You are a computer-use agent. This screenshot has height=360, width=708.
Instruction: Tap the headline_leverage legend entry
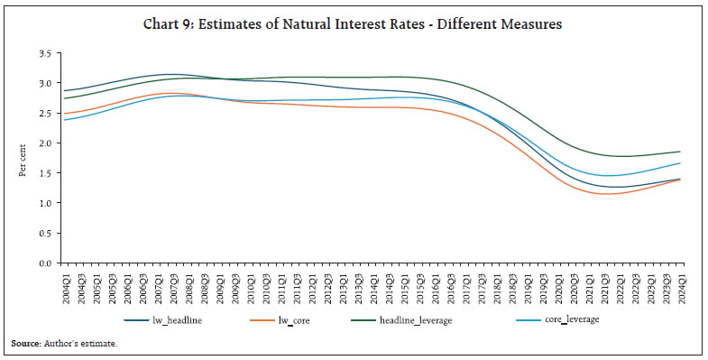click(x=464, y=319)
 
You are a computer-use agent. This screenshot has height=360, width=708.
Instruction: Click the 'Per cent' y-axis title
click(x=22, y=158)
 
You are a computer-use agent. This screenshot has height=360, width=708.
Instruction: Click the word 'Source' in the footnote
click(x=24, y=344)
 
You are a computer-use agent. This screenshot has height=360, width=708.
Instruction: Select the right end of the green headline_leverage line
click(x=679, y=152)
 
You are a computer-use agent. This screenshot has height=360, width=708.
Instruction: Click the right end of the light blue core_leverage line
click(x=679, y=163)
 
